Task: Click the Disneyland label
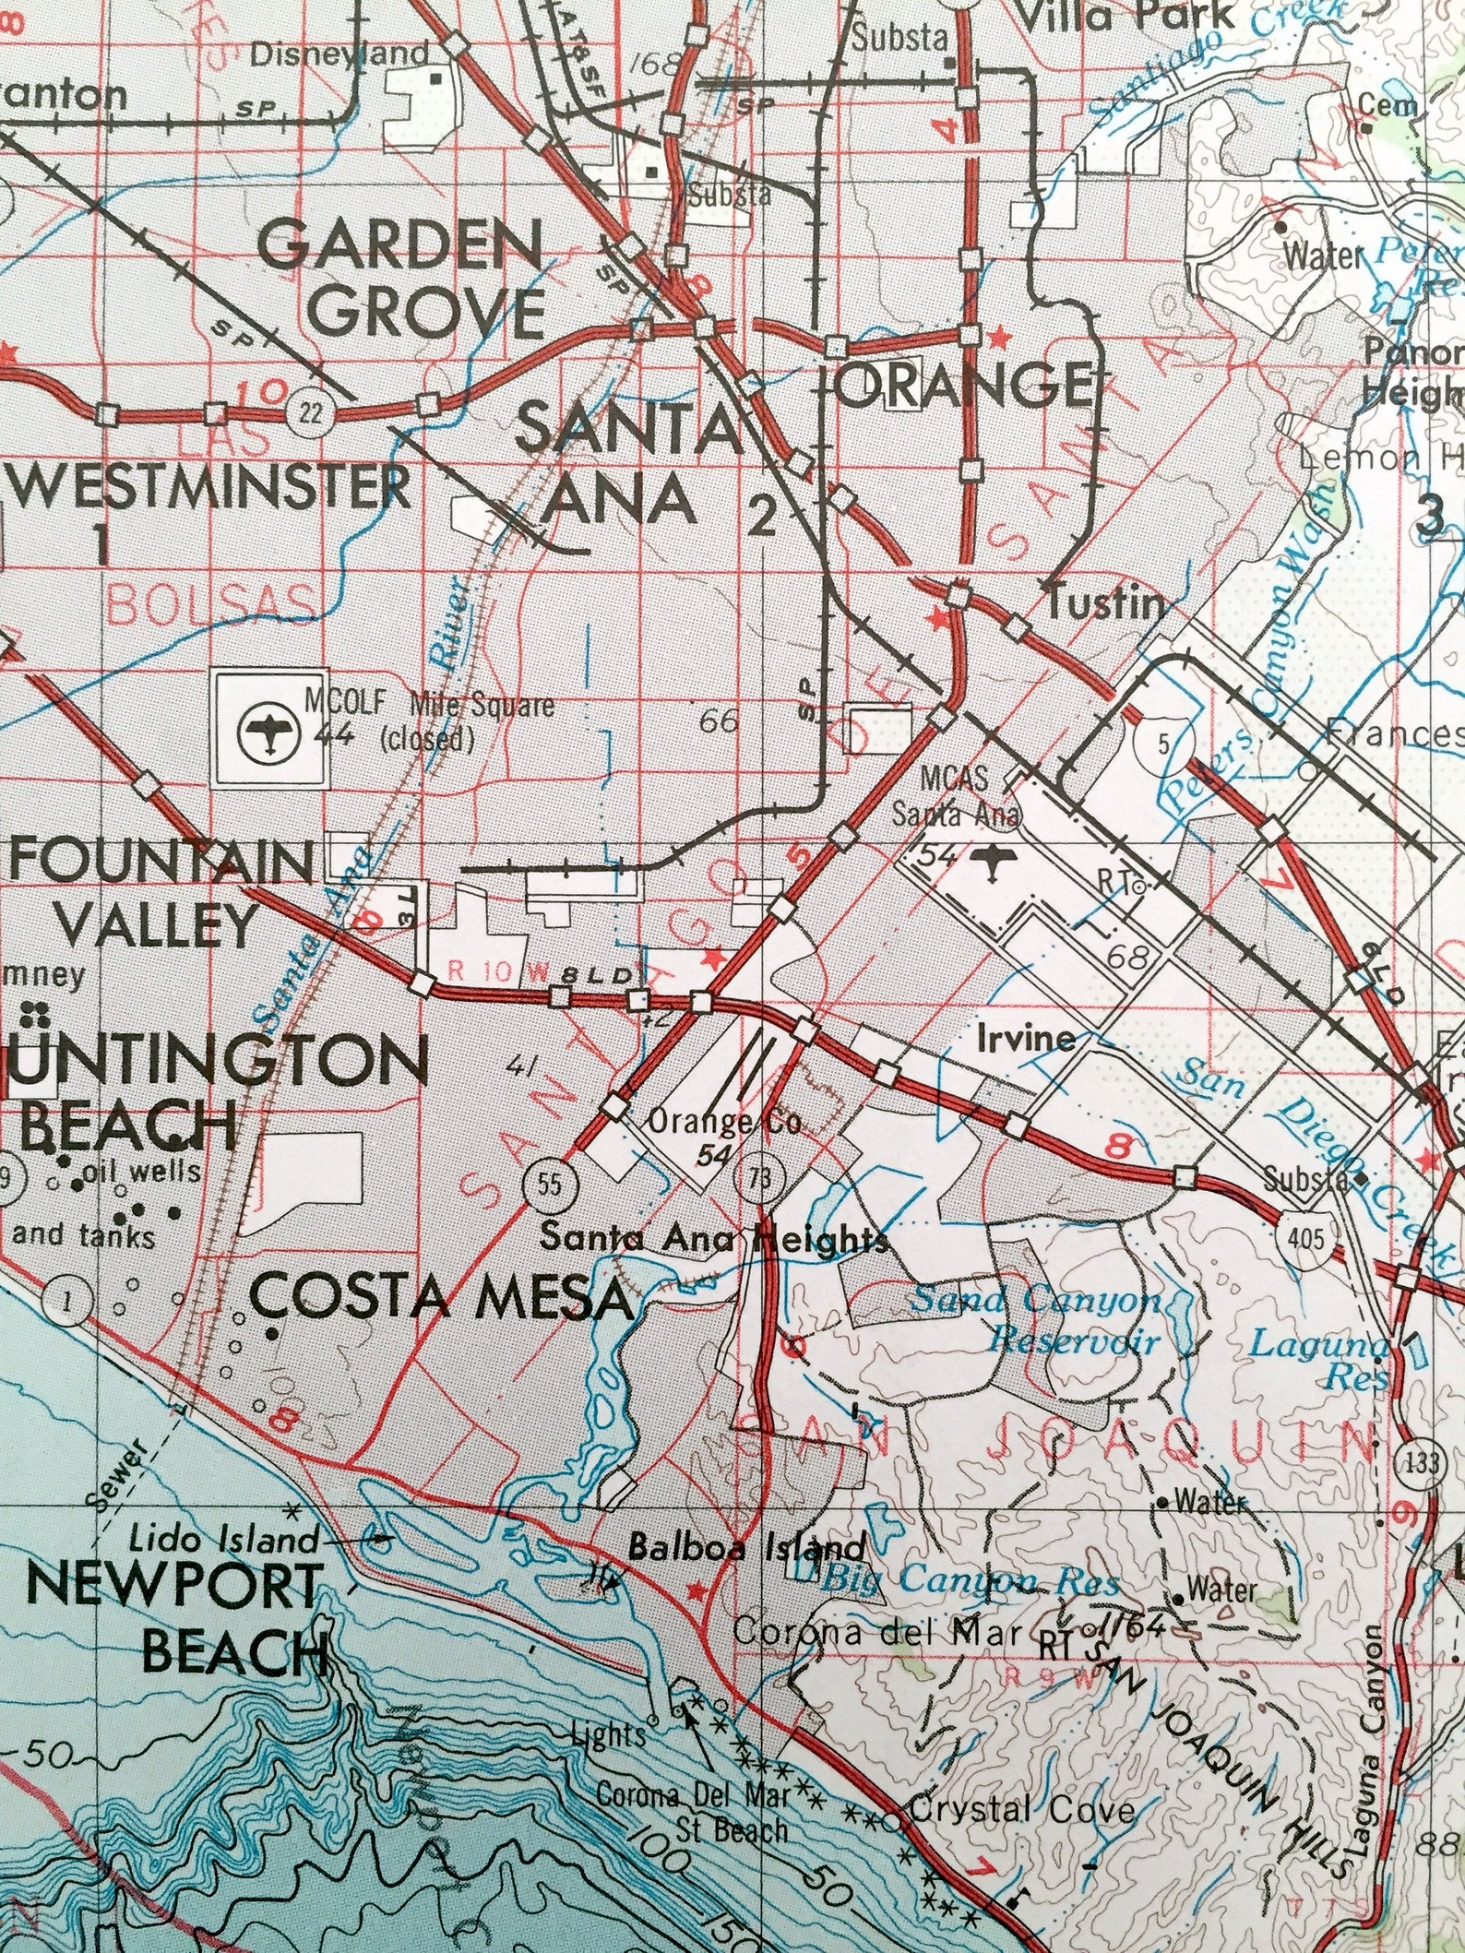tap(340, 54)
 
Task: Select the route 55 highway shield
tap(549, 1184)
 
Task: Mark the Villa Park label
tap(1123, 15)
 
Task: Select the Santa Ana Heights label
tap(714, 1238)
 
